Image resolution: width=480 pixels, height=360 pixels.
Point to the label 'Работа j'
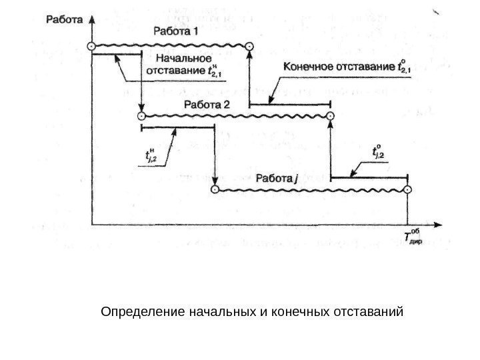(x=274, y=178)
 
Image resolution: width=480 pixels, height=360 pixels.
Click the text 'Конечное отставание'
(x=339, y=66)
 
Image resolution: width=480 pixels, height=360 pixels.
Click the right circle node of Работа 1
(x=249, y=45)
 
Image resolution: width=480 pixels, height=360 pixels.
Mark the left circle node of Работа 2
(x=141, y=115)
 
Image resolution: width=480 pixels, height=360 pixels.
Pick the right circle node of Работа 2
(x=331, y=115)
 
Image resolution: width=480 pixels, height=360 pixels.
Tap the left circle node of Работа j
(x=214, y=189)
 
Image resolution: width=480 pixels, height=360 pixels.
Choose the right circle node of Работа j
(x=408, y=189)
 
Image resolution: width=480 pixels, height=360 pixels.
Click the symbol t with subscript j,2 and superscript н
(x=153, y=155)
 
